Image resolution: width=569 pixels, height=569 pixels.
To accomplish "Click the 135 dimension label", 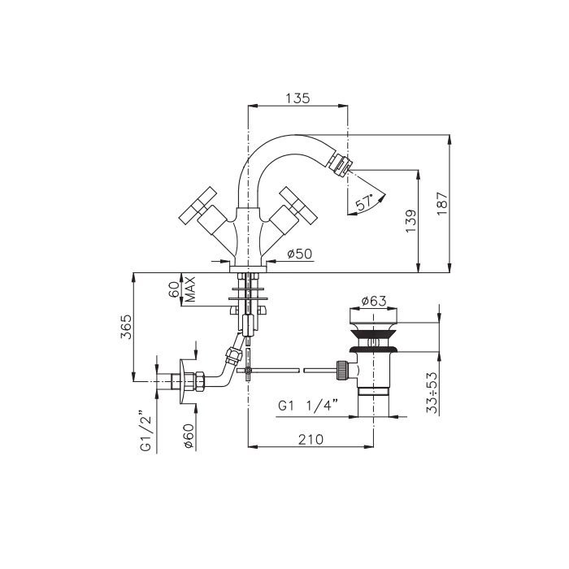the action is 298,98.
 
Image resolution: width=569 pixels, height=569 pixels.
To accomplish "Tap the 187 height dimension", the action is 442,203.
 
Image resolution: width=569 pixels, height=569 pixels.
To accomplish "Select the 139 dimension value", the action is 410,220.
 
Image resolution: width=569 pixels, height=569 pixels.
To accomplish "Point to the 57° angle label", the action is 364,202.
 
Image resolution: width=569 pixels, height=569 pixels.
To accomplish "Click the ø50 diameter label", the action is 299,254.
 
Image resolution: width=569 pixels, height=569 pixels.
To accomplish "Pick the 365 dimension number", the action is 126,327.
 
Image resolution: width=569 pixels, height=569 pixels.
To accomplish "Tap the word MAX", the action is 189,289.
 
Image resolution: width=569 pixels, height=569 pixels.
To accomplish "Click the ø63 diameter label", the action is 374,301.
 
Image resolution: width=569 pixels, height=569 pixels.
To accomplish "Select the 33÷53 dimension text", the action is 432,393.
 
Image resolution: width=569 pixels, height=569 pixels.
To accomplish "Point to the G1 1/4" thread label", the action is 308,405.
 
